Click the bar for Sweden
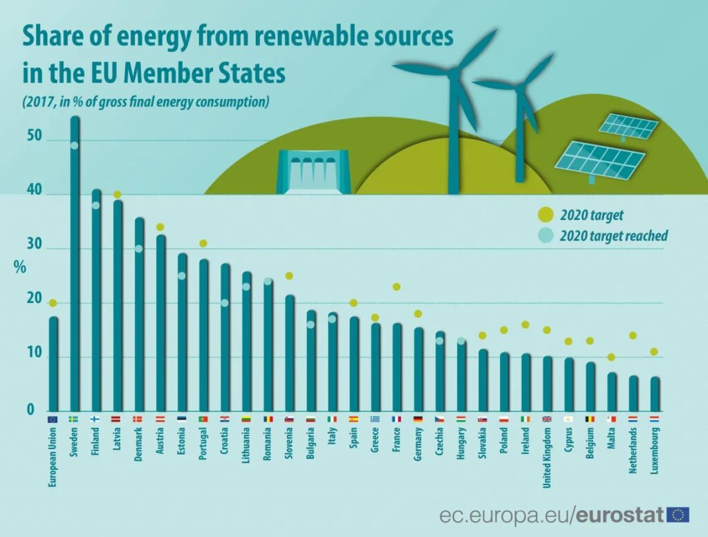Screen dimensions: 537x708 coord(75,263)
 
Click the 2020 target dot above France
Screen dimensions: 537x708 coord(397,287)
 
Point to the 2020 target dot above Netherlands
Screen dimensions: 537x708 coord(633,336)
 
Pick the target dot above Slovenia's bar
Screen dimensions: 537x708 coord(289,276)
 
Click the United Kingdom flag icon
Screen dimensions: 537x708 coord(547,419)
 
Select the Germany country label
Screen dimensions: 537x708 coord(418,446)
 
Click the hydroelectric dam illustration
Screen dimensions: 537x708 coord(313,172)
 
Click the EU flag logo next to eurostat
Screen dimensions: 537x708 coord(678,514)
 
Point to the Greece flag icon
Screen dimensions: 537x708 coord(375,419)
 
